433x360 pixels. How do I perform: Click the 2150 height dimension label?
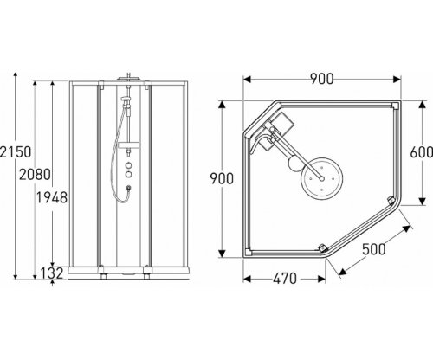(x=15, y=152)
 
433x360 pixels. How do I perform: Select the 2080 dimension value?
(x=35, y=175)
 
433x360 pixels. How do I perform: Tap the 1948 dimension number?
(x=52, y=197)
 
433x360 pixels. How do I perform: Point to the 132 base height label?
(x=52, y=273)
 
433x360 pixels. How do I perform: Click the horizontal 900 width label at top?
(x=322, y=79)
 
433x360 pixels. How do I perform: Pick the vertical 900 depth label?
(x=222, y=179)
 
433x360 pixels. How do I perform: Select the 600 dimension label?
(x=421, y=152)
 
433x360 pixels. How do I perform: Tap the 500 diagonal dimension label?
(x=374, y=249)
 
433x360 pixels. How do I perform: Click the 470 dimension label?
(x=285, y=279)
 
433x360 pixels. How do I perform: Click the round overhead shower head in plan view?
(x=321, y=178)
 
